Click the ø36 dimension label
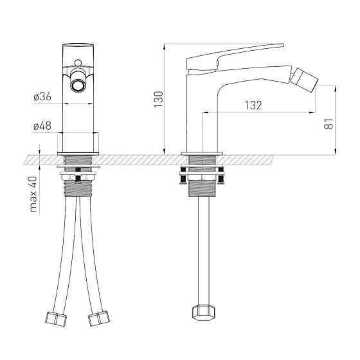42,96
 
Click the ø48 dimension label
42,126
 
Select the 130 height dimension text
158,99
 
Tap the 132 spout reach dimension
253,105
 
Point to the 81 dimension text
328,123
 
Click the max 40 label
33,194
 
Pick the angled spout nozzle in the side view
303,80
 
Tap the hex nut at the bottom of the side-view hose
204,312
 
